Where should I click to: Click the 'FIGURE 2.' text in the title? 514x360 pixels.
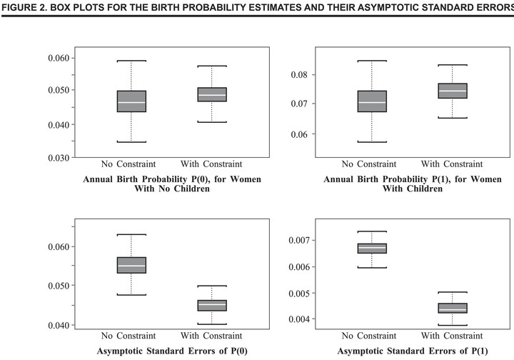[x=24, y=7]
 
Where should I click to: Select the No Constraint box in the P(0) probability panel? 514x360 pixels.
[x=131, y=101]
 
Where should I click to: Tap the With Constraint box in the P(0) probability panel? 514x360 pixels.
[x=212, y=94]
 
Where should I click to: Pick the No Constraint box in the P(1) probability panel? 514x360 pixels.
[x=372, y=101]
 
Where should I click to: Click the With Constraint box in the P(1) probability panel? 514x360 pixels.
[x=453, y=91]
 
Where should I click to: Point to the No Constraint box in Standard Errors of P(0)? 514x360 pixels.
[x=131, y=265]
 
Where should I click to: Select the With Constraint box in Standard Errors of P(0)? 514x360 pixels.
[x=212, y=306]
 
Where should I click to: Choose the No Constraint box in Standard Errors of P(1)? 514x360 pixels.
[x=372, y=248]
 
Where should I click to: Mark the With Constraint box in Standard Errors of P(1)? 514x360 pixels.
[x=453, y=308]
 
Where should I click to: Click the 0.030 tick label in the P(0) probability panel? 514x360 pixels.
[x=59, y=158]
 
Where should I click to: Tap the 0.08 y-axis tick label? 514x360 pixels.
[x=299, y=75]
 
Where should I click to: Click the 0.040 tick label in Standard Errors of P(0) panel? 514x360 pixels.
[x=59, y=325]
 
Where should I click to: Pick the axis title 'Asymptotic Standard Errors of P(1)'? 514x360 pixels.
[x=413, y=351]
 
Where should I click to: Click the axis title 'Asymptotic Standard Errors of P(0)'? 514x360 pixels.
[x=172, y=351]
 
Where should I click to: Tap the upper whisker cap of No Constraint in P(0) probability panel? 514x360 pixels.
[x=131, y=61]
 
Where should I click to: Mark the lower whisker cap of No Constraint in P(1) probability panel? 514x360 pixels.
[x=372, y=142]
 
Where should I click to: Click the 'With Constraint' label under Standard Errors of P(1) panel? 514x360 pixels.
[x=452, y=336]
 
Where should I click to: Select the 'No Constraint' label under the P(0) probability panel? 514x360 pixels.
[x=128, y=164]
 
